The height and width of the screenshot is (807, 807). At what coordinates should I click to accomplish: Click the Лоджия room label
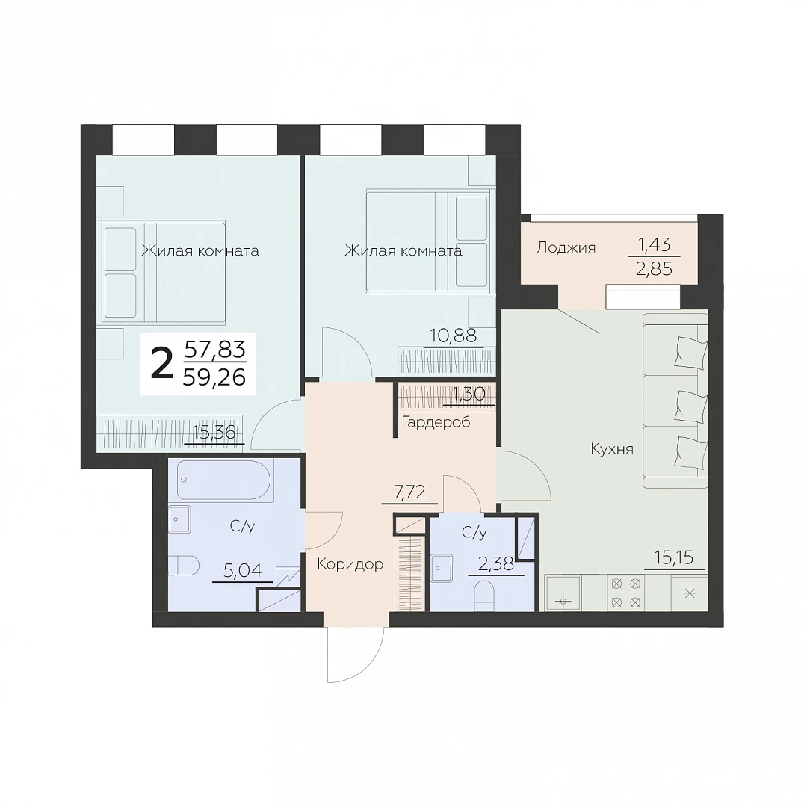pos(566,248)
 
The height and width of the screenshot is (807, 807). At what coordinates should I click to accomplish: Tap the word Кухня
pos(611,449)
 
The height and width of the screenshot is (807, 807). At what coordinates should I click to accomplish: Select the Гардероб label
pos(436,422)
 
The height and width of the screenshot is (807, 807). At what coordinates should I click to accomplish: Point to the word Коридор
pos(350,565)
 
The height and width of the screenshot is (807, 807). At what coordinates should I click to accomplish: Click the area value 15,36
pos(214,433)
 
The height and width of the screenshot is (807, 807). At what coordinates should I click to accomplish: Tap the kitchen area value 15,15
pos(674,557)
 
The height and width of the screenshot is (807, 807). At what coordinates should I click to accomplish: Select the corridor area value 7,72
pos(409,492)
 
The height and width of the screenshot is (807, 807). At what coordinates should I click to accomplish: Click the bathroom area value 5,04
pos(242,570)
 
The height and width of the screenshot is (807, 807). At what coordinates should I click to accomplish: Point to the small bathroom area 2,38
pos(496,564)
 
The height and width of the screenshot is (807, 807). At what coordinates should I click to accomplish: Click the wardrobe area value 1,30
pos(469,395)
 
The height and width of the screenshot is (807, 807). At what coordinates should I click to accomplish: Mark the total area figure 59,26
pos(214,378)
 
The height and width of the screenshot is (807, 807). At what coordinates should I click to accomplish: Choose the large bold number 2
pos(161,363)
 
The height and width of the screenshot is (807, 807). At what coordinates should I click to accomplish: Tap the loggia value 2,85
pos(654,269)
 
